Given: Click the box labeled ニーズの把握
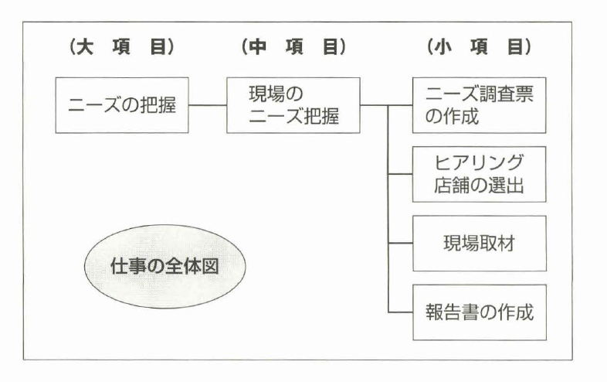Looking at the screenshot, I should point(121,104).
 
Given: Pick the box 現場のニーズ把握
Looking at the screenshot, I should point(293,104).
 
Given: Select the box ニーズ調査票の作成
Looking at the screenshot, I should point(479,104).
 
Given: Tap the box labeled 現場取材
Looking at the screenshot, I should point(479,243).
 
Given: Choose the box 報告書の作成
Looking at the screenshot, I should point(479,312).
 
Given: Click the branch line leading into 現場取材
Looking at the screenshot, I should point(400,243).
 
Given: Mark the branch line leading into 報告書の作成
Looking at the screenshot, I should point(400,312).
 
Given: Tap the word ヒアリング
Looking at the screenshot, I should point(479,163).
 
